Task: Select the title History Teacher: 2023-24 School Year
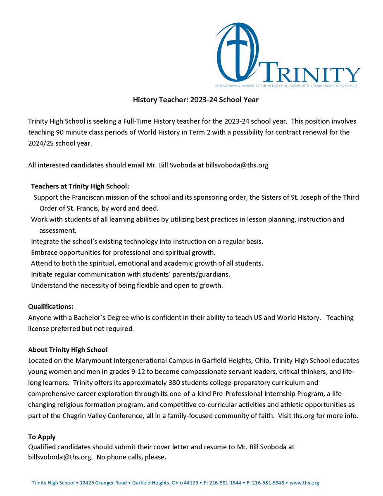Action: click(195, 100)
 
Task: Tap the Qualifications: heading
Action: click(51, 307)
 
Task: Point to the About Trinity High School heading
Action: click(68, 350)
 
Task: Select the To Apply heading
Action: click(42, 436)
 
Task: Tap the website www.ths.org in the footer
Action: click(305, 483)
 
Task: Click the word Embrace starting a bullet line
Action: click(44, 252)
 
